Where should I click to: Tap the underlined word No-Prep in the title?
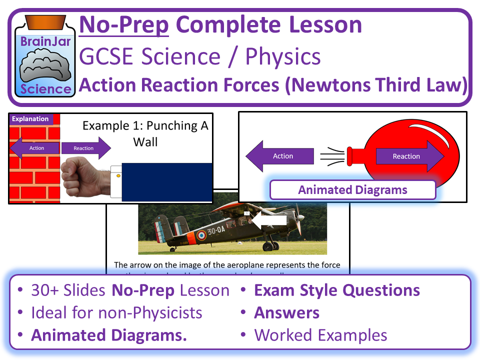click(x=124, y=25)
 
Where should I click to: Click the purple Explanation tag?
click(x=30, y=119)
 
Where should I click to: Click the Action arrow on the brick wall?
click(x=35, y=148)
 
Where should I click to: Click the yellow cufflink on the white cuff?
click(x=118, y=175)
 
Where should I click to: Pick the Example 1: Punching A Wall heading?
click(x=145, y=133)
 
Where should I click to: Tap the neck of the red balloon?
click(x=352, y=156)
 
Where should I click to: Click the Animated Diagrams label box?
click(x=352, y=190)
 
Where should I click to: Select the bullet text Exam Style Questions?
click(x=336, y=290)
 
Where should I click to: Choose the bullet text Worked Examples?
click(x=320, y=335)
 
